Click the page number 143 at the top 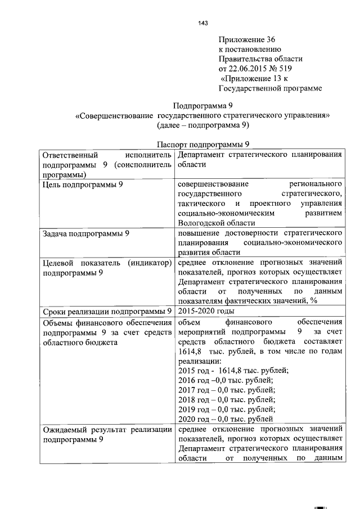tap(203, 23)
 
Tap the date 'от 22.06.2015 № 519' tap(255, 69)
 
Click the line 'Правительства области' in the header tap(260, 58)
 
